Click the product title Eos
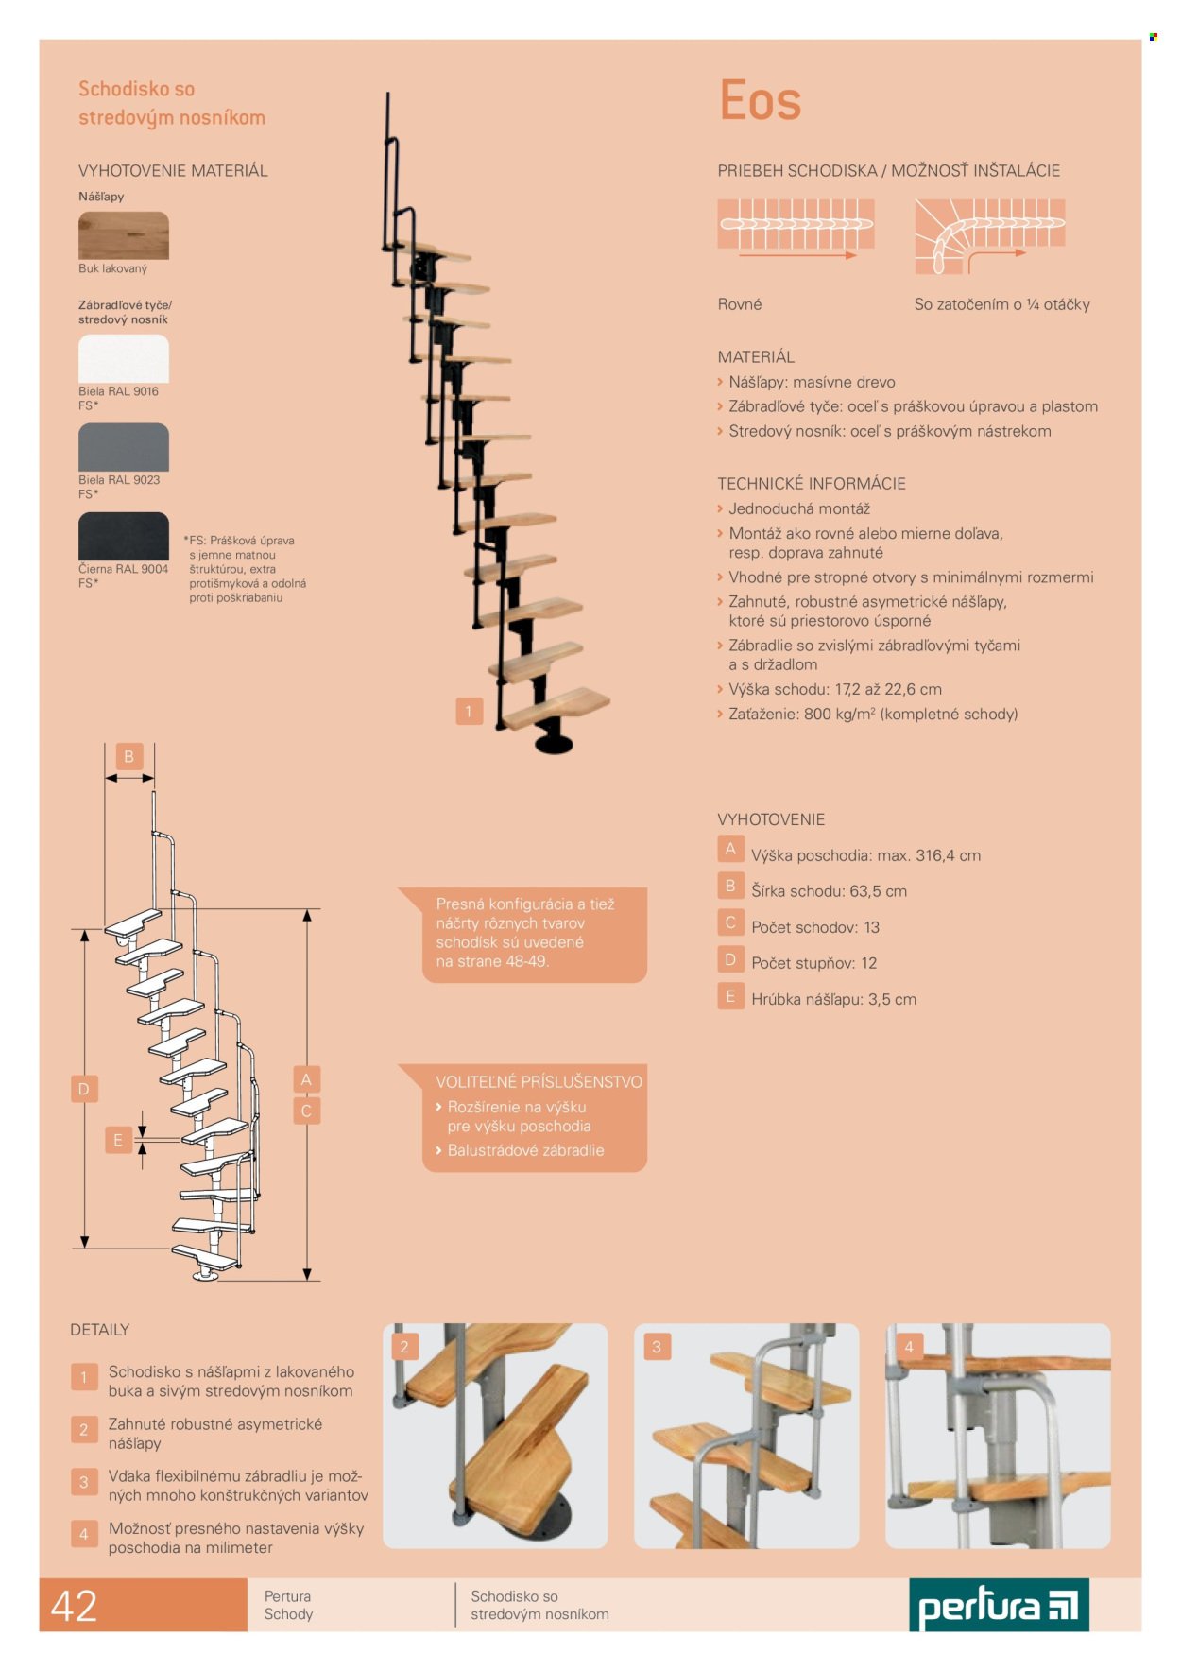coord(760,101)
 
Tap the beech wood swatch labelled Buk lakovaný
coord(123,235)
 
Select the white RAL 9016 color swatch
coord(123,358)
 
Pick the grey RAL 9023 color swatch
coord(123,447)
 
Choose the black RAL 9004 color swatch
coord(123,536)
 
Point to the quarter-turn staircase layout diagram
coord(989,235)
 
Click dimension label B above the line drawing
coord(129,756)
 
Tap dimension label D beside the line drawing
coord(83,1089)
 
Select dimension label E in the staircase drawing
coord(117,1140)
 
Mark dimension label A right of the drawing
coord(306,1079)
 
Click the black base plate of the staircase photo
coord(554,741)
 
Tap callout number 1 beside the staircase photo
coord(469,711)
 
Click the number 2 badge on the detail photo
coord(404,1347)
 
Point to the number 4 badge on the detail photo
coord(909,1347)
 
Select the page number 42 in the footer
coord(74,1606)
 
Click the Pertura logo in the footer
coord(999,1605)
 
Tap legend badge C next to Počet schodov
coord(730,923)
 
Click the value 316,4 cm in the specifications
coord(948,855)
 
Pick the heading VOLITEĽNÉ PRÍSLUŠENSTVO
coord(539,1082)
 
